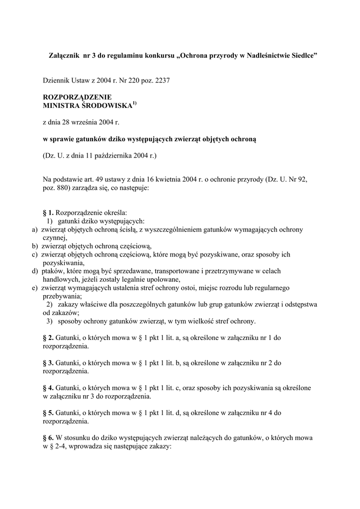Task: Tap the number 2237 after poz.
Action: pyautogui.click(x=162, y=80)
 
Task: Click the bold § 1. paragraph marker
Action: pyautogui.click(x=48, y=213)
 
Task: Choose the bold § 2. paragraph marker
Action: pyautogui.click(x=48, y=338)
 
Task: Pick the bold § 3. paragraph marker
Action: pyautogui.click(x=48, y=363)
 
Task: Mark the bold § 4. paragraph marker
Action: pyautogui.click(x=48, y=388)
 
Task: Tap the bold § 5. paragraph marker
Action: pyautogui.click(x=48, y=413)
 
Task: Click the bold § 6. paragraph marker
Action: pyautogui.click(x=48, y=438)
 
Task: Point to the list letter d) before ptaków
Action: pyautogui.click(x=35, y=271)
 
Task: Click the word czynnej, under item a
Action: pyautogui.click(x=55, y=238)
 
